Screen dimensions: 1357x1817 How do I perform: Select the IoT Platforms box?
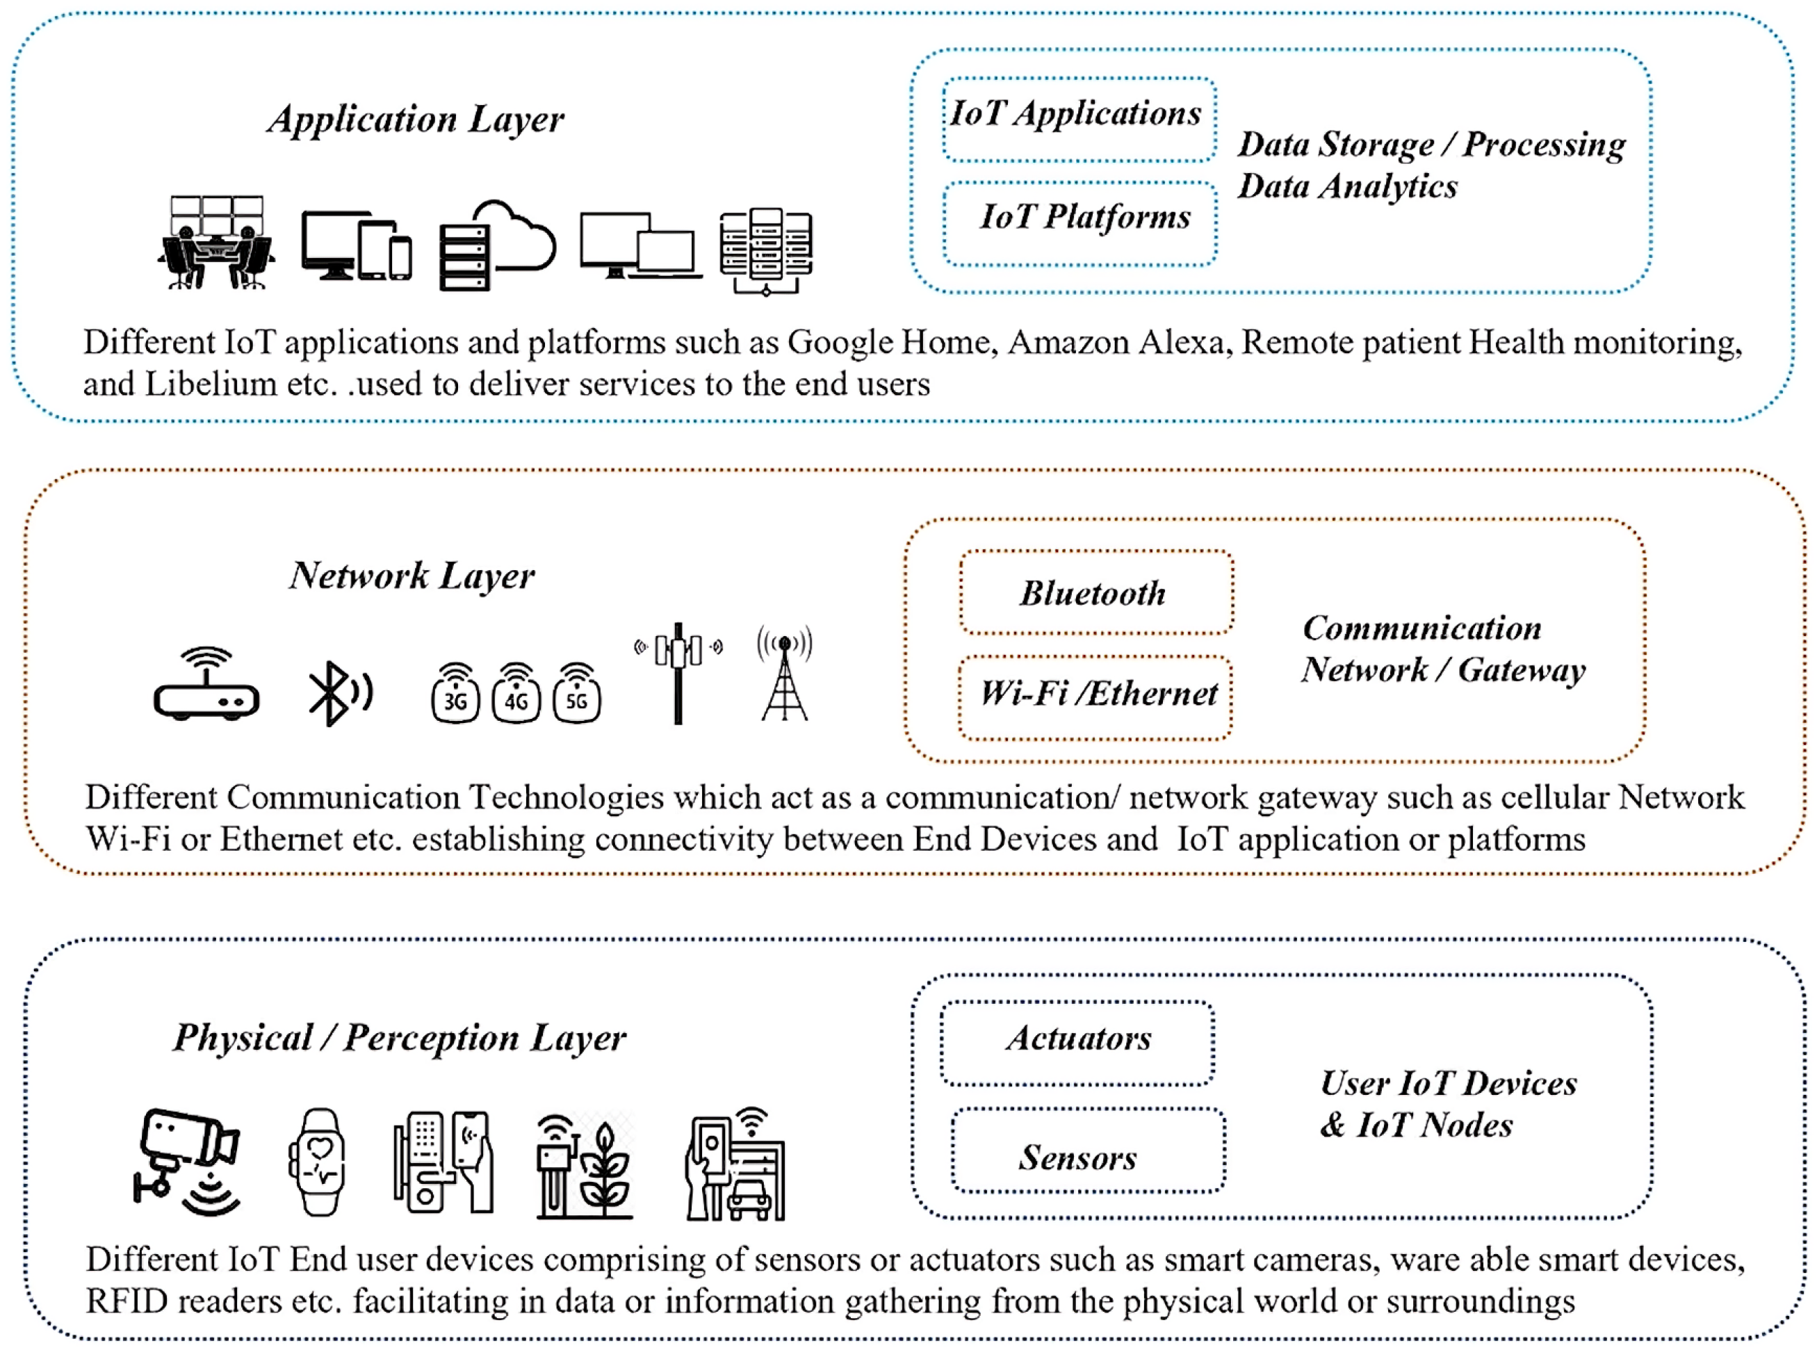[x=1080, y=222]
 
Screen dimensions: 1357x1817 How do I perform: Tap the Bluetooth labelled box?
[x=1095, y=592]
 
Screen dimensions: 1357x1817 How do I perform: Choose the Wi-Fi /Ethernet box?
[x=1095, y=697]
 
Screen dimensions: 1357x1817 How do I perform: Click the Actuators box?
[x=1077, y=1041]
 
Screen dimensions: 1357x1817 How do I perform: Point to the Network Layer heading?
[x=412, y=576]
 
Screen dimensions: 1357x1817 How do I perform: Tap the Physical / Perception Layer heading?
[x=399, y=1037]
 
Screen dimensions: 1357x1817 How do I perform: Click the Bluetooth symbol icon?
[x=339, y=692]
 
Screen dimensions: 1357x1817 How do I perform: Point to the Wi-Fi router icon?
[x=206, y=684]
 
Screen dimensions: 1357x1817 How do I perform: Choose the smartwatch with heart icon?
[x=317, y=1162]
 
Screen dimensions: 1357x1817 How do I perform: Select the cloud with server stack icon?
[x=496, y=245]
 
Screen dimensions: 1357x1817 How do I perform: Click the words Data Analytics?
[x=1347, y=186]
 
